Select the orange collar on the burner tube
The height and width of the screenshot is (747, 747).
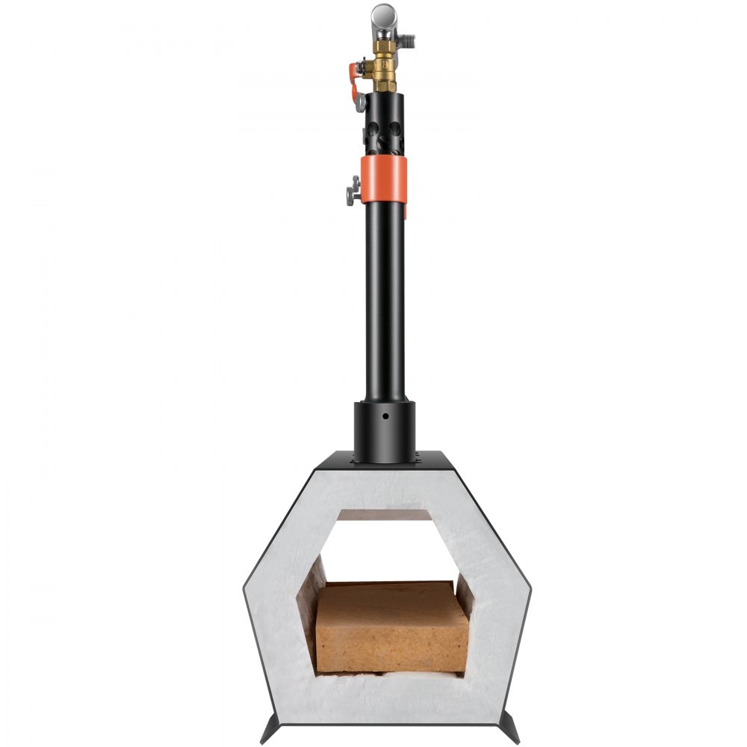(384, 180)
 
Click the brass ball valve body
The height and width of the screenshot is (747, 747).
(384, 67)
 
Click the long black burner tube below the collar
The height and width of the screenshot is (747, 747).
(384, 299)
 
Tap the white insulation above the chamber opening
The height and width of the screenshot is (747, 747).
(384, 490)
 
